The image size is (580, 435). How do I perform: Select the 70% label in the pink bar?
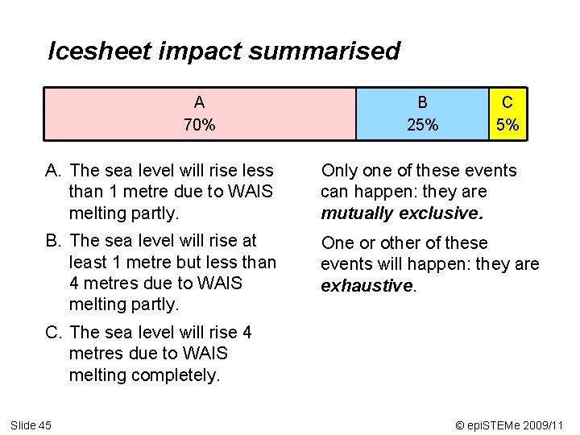(199, 125)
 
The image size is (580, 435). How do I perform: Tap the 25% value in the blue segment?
(422, 125)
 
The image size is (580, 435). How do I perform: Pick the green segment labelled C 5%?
(507, 114)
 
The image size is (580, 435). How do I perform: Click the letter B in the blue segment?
(422, 102)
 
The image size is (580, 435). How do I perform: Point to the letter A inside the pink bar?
(199, 102)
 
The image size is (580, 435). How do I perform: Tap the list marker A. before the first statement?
(54, 171)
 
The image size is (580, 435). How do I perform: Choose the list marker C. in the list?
(54, 333)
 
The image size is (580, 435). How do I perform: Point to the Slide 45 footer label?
(31, 425)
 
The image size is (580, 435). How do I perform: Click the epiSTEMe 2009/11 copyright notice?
(508, 425)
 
